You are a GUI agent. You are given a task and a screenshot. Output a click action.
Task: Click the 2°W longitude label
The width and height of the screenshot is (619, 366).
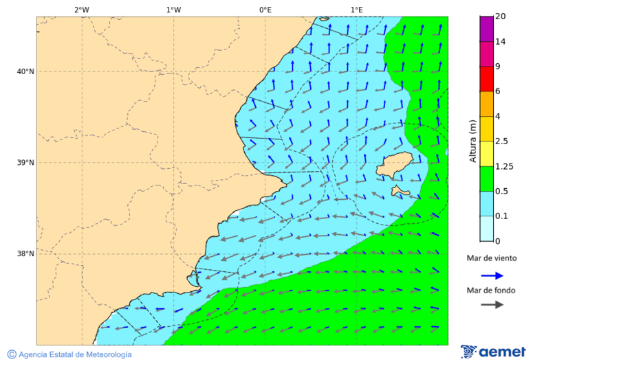81,10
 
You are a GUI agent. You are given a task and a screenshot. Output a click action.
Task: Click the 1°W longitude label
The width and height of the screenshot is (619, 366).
173,10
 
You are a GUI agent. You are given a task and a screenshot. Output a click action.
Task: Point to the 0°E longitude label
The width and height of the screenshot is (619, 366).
265,10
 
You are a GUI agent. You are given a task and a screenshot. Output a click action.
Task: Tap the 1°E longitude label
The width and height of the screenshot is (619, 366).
356,10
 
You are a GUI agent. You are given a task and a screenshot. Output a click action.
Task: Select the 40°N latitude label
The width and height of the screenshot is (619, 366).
25,71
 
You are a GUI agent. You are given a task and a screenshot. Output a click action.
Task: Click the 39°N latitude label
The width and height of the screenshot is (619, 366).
25,163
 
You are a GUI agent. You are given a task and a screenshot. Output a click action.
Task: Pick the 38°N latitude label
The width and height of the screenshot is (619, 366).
25,253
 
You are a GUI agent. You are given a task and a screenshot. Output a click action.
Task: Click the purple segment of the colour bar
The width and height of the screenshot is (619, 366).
486,29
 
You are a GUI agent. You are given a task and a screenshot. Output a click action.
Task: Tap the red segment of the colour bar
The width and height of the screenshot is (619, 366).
486,78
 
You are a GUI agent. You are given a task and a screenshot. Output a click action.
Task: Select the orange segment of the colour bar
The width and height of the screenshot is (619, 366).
486,104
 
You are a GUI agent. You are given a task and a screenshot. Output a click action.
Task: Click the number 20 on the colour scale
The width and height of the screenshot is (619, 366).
501,16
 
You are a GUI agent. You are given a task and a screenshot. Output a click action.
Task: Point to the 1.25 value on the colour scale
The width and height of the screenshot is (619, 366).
505,166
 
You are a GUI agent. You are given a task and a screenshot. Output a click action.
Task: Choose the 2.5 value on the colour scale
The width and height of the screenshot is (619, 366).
502,141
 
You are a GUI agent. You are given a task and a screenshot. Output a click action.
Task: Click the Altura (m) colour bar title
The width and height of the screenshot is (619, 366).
473,141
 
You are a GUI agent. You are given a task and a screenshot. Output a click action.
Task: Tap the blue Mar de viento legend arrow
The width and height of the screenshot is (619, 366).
492,275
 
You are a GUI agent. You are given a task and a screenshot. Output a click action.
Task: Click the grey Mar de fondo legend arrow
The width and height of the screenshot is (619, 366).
492,305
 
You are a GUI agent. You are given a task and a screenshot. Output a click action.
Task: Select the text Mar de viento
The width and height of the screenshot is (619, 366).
491,259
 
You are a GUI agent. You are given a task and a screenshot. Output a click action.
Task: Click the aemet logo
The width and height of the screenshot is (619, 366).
493,352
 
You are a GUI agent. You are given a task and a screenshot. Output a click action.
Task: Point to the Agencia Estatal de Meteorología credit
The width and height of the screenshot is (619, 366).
69,354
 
